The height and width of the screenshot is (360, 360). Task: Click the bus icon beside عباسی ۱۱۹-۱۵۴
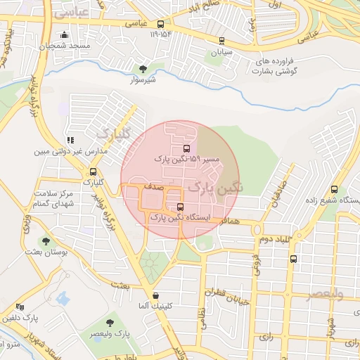161,23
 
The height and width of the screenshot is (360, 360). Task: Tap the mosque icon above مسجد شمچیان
65,34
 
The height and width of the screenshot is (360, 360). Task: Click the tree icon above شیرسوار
143,69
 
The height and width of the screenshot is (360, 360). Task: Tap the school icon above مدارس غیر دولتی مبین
69,141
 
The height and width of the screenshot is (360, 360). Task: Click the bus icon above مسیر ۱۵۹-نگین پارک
186,148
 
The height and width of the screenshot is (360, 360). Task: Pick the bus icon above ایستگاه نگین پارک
181,207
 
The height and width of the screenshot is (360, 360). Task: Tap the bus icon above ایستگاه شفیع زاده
334,189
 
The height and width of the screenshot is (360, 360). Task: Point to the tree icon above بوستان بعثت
46,240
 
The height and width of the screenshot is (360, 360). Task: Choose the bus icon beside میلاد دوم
293,258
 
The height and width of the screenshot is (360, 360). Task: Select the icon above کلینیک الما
155,295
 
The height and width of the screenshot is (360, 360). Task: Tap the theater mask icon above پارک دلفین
20,307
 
